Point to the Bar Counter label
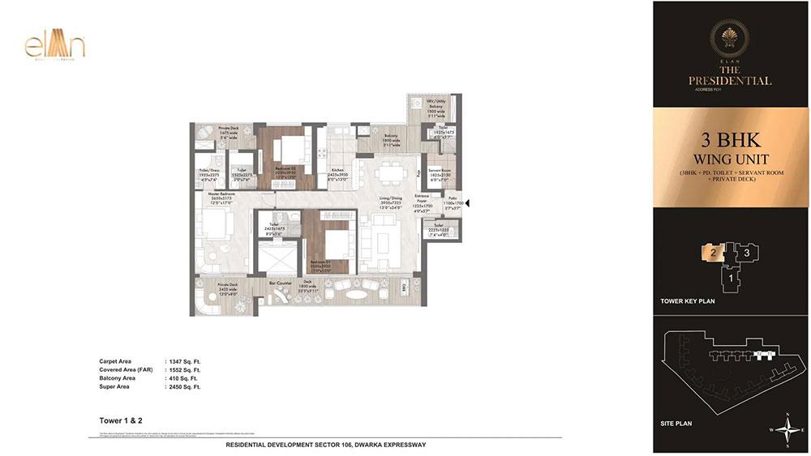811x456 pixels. pos(281,283)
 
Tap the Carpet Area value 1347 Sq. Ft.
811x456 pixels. pos(181,361)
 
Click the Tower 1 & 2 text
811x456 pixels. pos(115,421)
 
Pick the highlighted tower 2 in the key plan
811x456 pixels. pos(711,253)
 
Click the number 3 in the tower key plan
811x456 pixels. pos(746,253)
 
